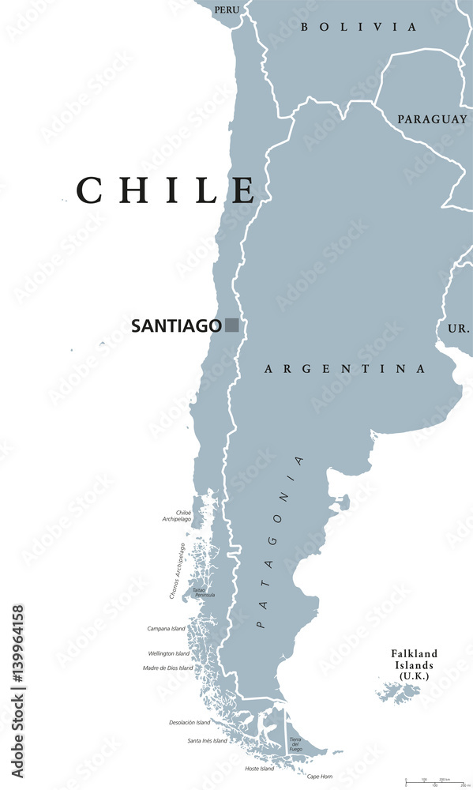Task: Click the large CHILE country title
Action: [x=166, y=191]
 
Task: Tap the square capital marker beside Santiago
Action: [x=231, y=325]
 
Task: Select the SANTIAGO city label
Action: [x=176, y=325]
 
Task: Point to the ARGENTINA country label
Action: [x=345, y=369]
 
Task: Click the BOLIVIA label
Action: [x=359, y=27]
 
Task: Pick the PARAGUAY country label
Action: [x=432, y=119]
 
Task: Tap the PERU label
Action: [x=227, y=9]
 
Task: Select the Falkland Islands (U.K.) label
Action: [x=415, y=665]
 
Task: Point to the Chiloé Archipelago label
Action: [x=178, y=515]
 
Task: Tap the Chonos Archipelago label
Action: [x=178, y=570]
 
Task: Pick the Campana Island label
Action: [x=167, y=629]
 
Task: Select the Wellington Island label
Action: [x=169, y=654]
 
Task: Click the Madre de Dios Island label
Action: [x=167, y=668]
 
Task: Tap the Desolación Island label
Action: [x=190, y=722]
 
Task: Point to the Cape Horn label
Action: [x=320, y=776]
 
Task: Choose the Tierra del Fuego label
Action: [x=295, y=743]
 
